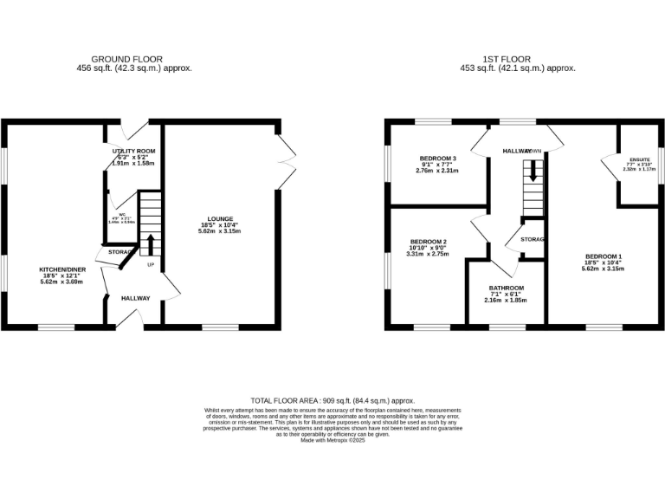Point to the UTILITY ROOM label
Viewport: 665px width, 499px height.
pyautogui.click(x=133, y=151)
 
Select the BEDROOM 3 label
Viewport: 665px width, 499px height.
pyautogui.click(x=437, y=159)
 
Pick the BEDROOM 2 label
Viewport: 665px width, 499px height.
pyautogui.click(x=429, y=242)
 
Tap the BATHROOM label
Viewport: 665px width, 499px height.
pyautogui.click(x=506, y=288)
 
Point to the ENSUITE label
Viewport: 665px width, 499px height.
pyautogui.click(x=640, y=159)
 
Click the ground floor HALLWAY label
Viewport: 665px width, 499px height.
pyautogui.click(x=135, y=298)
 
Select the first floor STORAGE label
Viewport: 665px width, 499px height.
pyautogui.click(x=532, y=239)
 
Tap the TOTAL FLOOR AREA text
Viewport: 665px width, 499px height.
pyautogui.click(x=332, y=401)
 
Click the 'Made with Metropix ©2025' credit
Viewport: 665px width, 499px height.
pyautogui.click(x=332, y=440)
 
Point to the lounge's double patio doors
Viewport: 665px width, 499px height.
pyautogui.click(x=287, y=161)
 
